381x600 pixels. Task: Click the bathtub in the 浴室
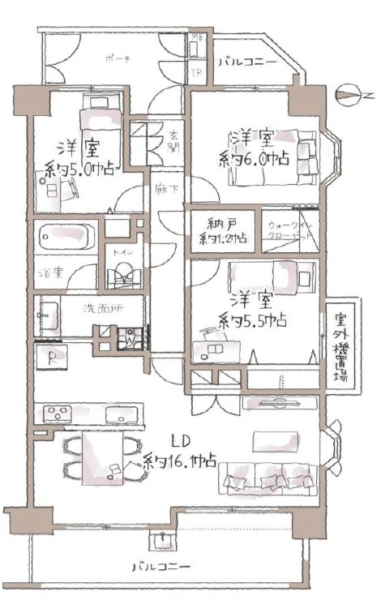point(66,238)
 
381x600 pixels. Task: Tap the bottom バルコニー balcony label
point(166,566)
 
